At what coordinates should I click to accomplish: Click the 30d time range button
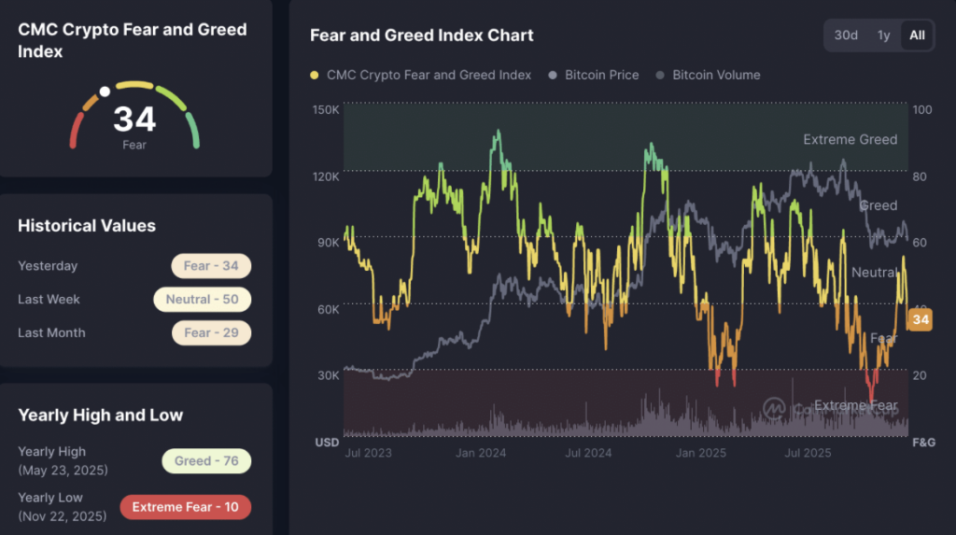(x=846, y=35)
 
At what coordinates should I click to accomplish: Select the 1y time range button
(x=883, y=35)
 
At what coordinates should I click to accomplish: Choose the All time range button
(x=917, y=35)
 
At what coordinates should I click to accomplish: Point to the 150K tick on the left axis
(x=326, y=110)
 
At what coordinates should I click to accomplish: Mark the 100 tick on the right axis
(x=922, y=110)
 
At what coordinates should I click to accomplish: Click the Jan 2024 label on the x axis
(x=479, y=453)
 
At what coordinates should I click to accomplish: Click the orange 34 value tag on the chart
(x=921, y=320)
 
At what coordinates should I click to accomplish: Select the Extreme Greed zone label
(x=850, y=139)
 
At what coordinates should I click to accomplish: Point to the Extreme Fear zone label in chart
(x=855, y=405)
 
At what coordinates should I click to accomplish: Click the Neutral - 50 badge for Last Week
(x=202, y=300)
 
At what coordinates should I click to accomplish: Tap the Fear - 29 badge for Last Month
(x=211, y=332)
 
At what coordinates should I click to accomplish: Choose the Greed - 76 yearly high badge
(x=206, y=460)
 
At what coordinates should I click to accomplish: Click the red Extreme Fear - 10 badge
(x=185, y=507)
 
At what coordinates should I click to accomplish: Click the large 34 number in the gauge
(x=134, y=120)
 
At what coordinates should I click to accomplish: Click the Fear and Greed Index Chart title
(x=422, y=35)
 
